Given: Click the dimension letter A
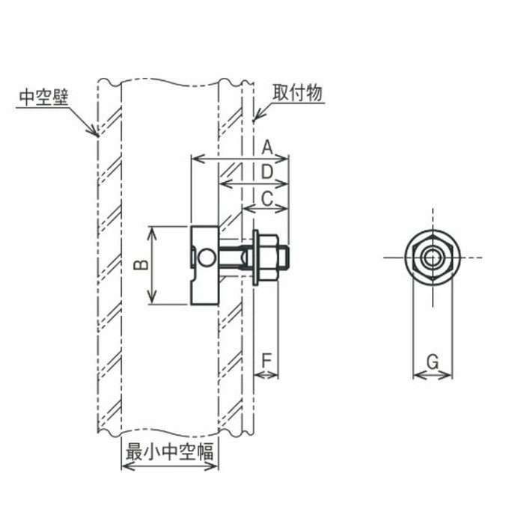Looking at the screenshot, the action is click(x=267, y=147).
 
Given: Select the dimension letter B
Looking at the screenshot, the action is click(x=141, y=265).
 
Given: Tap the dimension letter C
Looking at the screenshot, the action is click(x=267, y=199).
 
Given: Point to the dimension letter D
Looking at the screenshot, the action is click(x=267, y=172).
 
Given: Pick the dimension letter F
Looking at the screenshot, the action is click(x=266, y=361).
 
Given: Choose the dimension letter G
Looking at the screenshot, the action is click(x=433, y=362).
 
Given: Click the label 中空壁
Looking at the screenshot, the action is click(x=43, y=97).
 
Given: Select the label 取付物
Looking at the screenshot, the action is click(x=298, y=93).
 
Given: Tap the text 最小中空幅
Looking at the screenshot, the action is click(x=169, y=452).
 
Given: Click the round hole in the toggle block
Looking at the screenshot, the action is click(x=207, y=258).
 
